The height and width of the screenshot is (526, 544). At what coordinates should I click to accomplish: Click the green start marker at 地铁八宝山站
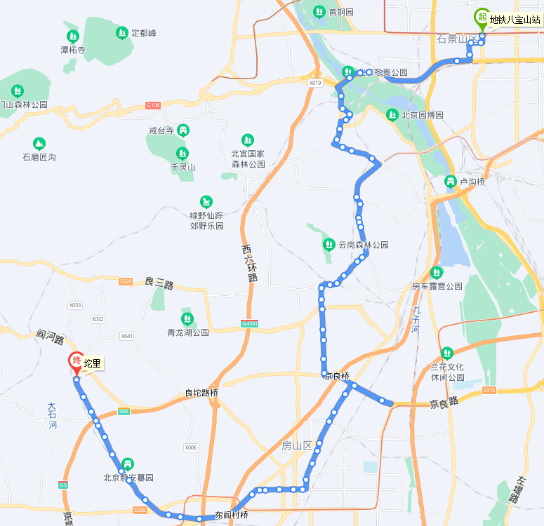pos(482,17)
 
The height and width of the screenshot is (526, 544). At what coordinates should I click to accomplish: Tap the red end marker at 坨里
pos(77,362)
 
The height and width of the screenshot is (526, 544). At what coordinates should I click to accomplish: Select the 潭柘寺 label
pos(72,50)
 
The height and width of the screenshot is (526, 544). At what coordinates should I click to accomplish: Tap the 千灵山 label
pos(183,167)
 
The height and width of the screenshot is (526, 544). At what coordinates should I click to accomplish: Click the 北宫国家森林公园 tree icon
pos(247,140)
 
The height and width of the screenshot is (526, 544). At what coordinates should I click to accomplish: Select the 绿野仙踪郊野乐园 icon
pos(206,202)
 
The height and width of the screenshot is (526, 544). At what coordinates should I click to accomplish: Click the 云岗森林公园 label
pos(363,245)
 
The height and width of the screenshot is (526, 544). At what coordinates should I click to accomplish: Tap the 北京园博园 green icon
pos(392,115)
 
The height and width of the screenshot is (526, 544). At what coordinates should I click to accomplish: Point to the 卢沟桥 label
pos(472,182)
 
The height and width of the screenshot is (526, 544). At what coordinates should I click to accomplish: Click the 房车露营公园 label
pos(437,286)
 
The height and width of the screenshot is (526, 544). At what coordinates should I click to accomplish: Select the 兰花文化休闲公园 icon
pos(447,353)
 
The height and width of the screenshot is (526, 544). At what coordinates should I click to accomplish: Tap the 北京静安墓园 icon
pos(128,464)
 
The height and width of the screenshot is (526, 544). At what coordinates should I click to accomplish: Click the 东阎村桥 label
pos(232,515)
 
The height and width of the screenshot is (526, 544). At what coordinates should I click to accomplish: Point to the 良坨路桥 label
pos(201,393)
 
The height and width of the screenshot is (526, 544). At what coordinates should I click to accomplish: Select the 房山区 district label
pos(296,445)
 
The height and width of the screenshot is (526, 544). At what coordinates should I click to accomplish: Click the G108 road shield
pos(153,105)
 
